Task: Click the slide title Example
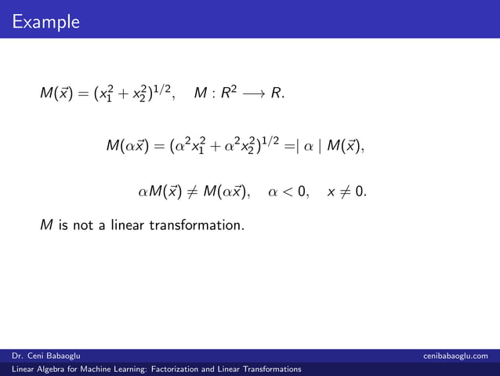click(45, 21)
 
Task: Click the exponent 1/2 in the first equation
click(172, 90)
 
